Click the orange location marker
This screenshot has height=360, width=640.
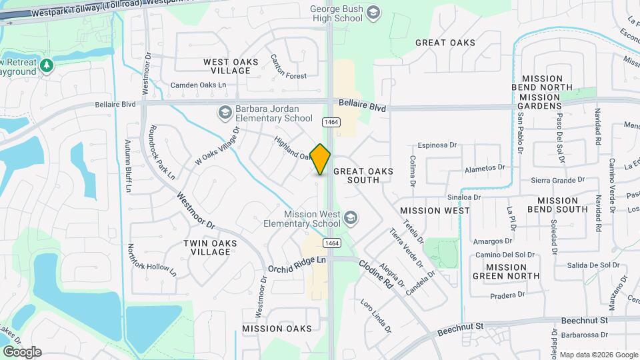(321, 159)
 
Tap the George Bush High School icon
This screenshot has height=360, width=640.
(373, 13)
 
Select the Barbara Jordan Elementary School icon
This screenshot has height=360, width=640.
(225, 113)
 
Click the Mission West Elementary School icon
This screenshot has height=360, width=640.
(351, 218)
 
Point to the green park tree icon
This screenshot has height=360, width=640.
(46, 65)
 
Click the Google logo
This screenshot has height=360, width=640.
(22, 352)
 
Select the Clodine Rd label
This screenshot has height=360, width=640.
(376, 273)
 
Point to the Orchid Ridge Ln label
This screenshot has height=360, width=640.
(297, 264)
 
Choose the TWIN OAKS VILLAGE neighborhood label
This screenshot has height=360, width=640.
(210, 249)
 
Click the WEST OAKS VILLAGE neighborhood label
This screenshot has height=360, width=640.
(231, 66)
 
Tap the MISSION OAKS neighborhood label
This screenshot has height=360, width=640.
(277, 329)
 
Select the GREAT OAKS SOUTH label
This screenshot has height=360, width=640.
(363, 176)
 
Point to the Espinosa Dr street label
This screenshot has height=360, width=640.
(437, 145)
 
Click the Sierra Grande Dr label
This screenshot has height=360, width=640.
(557, 180)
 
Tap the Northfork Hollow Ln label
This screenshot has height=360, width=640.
(153, 259)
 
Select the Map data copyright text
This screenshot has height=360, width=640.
(598, 355)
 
